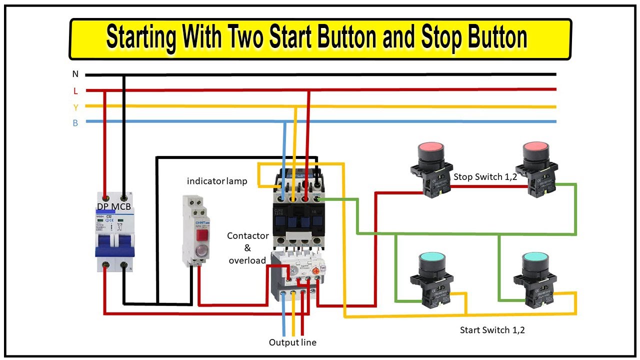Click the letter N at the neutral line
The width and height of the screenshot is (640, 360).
click(x=75, y=74)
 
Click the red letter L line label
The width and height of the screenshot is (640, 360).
click(x=75, y=91)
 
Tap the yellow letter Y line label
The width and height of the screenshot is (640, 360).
click(x=75, y=107)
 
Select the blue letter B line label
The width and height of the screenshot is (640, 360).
click(x=75, y=123)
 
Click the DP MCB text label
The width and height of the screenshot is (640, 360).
click(x=115, y=206)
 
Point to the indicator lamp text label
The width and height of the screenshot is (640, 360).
click(x=217, y=181)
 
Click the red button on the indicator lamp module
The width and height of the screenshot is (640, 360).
click(x=202, y=235)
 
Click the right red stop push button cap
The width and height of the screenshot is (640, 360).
click(x=536, y=148)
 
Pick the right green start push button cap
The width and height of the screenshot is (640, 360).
click(x=536, y=259)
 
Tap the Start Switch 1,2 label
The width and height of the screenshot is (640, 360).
click(x=492, y=330)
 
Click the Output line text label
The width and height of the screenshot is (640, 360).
click(x=292, y=342)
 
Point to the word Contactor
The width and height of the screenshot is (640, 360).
click(x=248, y=235)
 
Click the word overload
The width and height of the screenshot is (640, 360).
click(x=247, y=260)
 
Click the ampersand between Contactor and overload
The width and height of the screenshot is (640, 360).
click(x=247, y=248)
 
